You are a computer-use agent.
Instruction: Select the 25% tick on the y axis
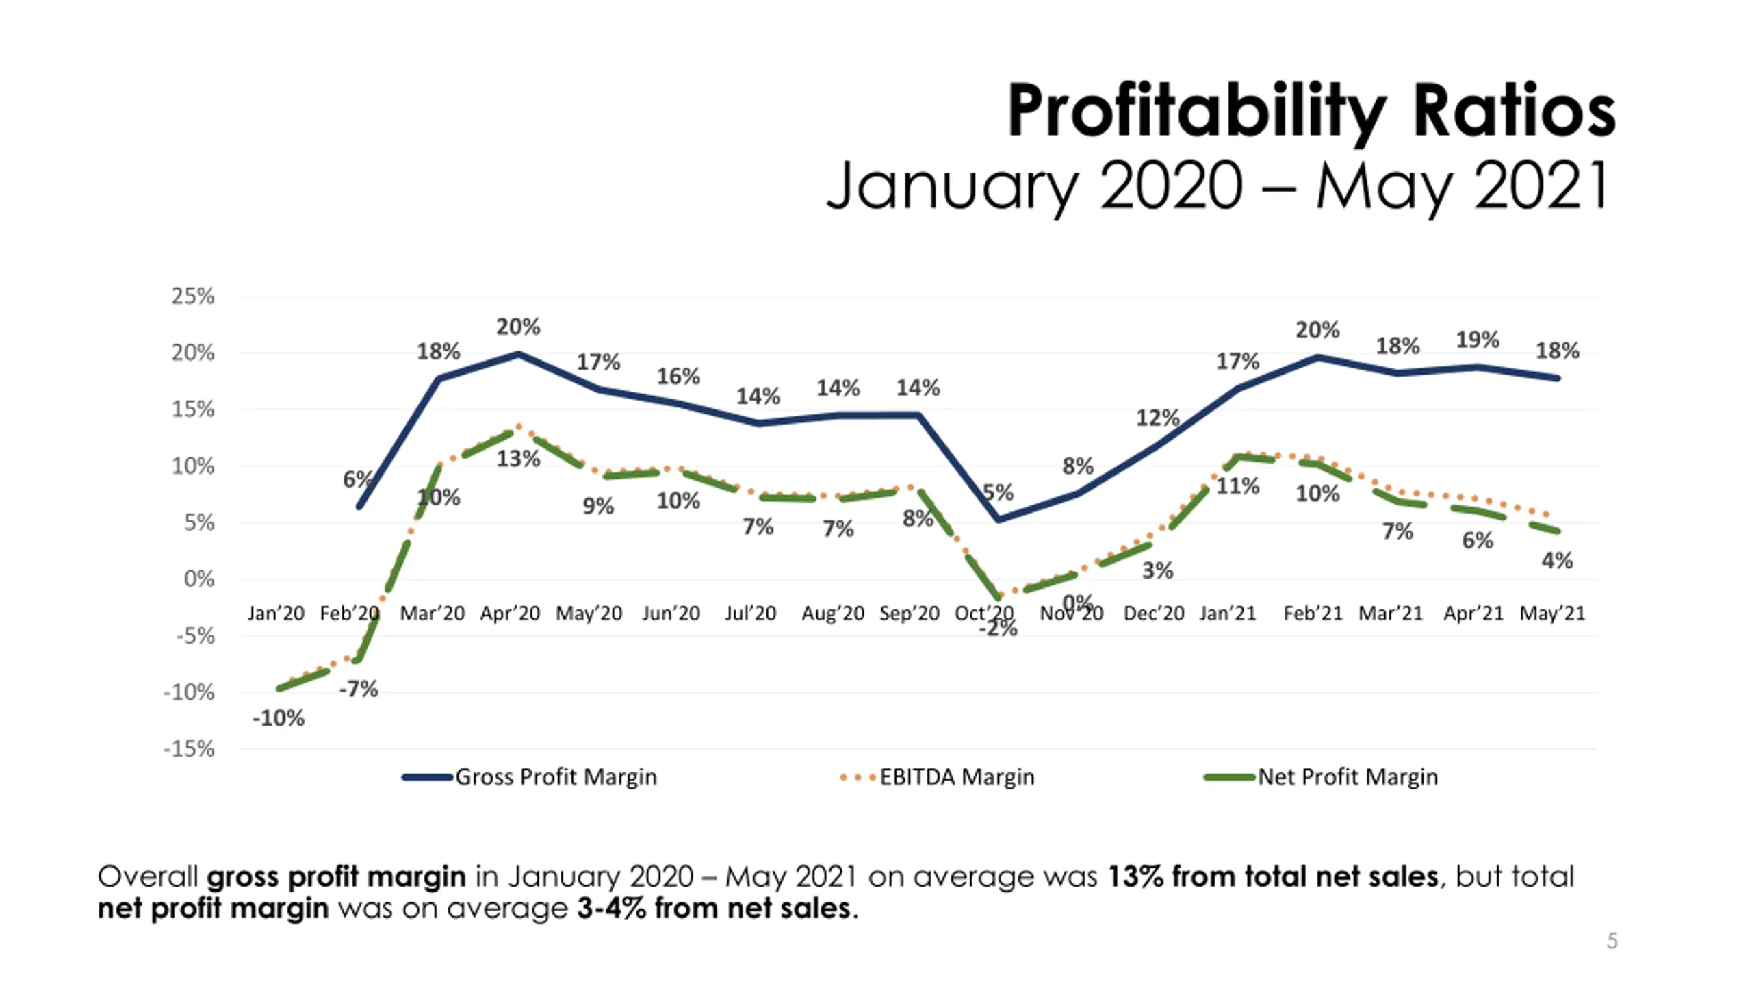pos(193,296)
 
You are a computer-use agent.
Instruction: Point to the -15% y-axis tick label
pos(189,749)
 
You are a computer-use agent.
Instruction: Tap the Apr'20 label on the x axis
pos(510,613)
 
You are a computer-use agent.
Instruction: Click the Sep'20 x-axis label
pos(909,613)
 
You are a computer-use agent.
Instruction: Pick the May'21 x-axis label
pos(1552,613)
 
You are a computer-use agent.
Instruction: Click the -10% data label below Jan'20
pos(278,718)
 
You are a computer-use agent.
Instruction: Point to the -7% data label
pos(359,689)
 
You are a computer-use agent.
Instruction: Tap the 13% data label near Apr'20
pos(518,459)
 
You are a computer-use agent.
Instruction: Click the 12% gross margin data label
pos(1157,418)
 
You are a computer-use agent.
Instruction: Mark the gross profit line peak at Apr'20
pos(519,354)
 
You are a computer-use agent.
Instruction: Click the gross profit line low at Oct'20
pos(999,520)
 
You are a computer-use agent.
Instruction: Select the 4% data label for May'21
pos(1557,561)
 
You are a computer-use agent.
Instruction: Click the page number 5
pos(1612,941)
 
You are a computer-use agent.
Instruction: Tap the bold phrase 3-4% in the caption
pos(610,909)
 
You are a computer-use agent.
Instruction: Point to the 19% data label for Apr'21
pos(1477,340)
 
